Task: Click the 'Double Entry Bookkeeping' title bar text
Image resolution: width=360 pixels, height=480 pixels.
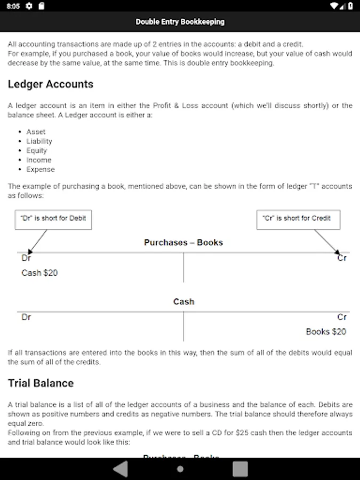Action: point(180,22)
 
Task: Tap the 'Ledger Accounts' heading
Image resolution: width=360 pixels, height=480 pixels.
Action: point(51,84)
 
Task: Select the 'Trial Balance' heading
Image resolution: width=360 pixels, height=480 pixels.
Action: point(41,383)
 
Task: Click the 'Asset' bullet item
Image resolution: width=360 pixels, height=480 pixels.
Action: point(36,132)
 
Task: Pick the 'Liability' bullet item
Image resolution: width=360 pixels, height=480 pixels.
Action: point(39,141)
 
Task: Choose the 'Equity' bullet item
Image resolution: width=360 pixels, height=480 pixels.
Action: point(37,150)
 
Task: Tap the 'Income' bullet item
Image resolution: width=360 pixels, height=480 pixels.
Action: point(39,160)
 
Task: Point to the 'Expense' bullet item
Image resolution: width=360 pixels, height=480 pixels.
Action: point(41,170)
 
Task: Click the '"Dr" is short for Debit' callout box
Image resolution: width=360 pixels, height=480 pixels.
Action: point(53,219)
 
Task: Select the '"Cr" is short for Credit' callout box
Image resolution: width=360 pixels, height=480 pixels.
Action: point(298,219)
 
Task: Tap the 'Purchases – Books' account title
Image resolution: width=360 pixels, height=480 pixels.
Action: point(183,242)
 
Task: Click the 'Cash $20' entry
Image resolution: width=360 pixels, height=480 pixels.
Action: point(39,273)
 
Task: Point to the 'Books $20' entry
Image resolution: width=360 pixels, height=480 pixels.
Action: point(326,332)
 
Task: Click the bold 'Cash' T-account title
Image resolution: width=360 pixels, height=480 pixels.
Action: point(183,302)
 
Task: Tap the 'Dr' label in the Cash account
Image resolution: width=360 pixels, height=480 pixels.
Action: point(26,317)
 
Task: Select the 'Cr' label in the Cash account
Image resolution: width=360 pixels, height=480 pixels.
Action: point(342,317)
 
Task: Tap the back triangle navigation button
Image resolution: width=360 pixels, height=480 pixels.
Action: point(121,469)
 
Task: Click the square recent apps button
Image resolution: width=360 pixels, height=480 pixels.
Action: point(240,469)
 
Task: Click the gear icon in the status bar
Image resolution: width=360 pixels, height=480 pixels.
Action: point(29,6)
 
